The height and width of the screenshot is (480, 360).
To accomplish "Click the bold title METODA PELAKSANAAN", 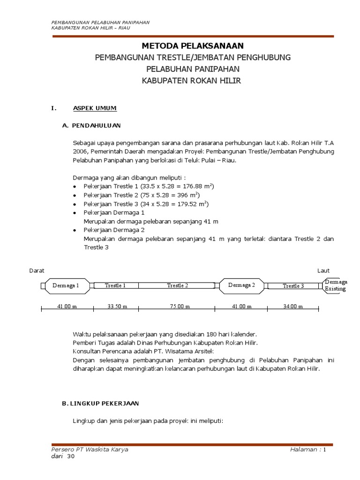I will pyautogui.click(x=193, y=45).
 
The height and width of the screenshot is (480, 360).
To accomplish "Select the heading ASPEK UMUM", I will pyautogui.click(x=95, y=108).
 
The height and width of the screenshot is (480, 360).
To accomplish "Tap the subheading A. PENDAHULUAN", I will pyautogui.click(x=91, y=125).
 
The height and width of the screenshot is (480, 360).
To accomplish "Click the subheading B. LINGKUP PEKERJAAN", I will pyautogui.click(x=100, y=403).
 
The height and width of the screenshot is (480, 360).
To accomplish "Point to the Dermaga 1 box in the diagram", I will pyautogui.click(x=66, y=285).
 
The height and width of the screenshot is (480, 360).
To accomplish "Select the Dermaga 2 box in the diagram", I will pyautogui.click(x=241, y=285).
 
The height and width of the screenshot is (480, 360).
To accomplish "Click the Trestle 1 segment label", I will pyautogui.click(x=115, y=285).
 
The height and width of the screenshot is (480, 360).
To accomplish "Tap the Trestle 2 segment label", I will pyautogui.click(x=178, y=285).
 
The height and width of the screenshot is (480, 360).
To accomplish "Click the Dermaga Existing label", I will pyautogui.click(x=336, y=285).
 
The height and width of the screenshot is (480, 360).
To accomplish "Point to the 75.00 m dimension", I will pyautogui.click(x=178, y=307).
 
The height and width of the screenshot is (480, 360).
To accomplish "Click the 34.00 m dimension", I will pyautogui.click(x=293, y=307).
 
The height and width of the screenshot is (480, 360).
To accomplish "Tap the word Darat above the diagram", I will pyautogui.click(x=37, y=270).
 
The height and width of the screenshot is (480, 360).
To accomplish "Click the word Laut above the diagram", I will pyautogui.click(x=323, y=270).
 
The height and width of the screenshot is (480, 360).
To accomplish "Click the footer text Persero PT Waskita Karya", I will pyautogui.click(x=90, y=449).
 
